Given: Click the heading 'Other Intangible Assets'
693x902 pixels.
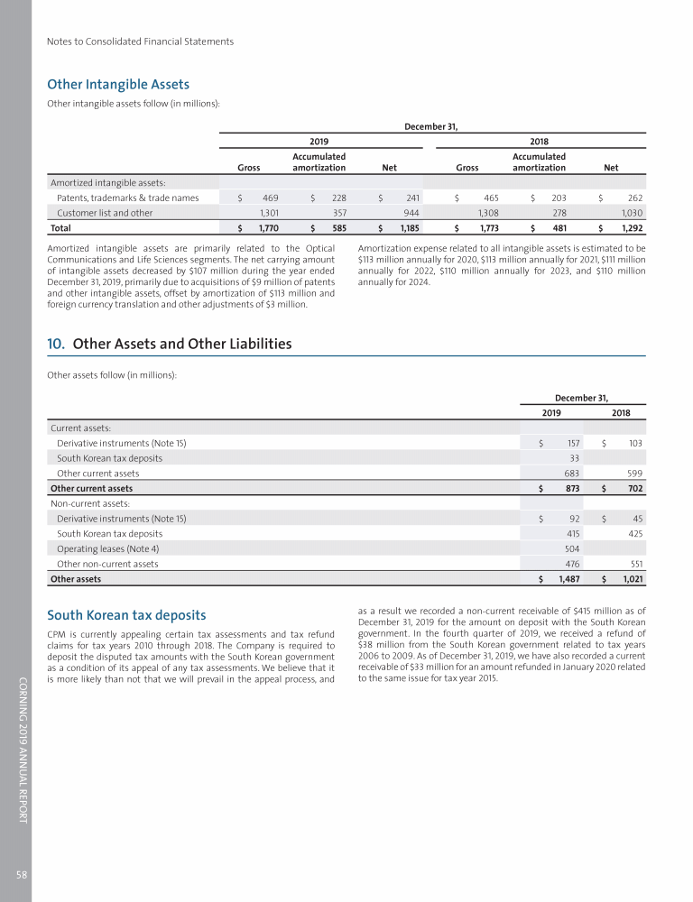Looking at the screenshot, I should pos(118,85).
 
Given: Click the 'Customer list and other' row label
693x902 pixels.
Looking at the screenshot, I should pos(105,213).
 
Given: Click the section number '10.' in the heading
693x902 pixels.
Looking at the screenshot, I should pos(56,344).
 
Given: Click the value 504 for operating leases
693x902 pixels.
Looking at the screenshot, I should pos(569,548).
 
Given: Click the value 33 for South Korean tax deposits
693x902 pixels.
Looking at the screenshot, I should pos(573,457).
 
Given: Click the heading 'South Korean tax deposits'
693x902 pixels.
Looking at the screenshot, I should pos(126,616).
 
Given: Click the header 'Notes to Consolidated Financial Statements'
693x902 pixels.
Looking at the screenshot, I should pos(140,41).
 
